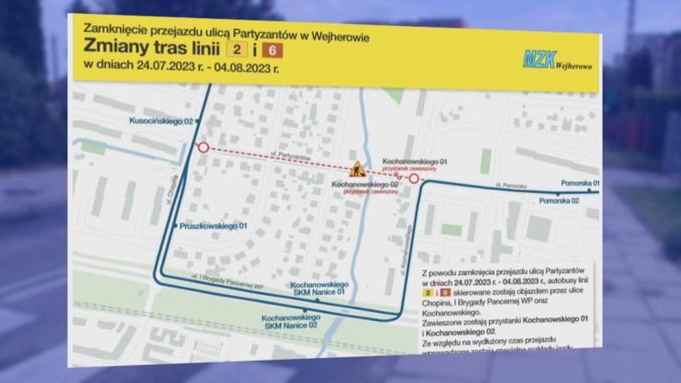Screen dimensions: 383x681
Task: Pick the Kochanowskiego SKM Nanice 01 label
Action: pos(318,288)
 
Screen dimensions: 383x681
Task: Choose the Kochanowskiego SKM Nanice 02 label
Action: pos(291,320)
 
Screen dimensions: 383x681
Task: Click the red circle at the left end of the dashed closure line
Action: pos(203,148)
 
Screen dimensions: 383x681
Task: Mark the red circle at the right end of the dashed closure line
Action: pos(414,179)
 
